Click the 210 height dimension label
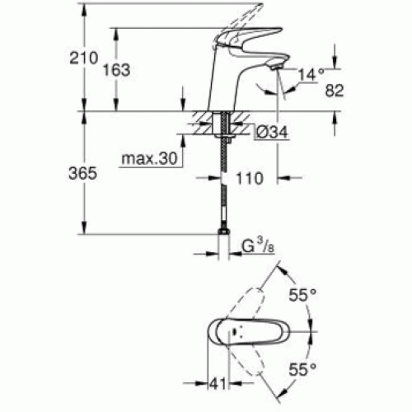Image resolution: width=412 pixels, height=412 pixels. point(83,58)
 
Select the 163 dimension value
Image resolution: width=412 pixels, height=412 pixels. point(116,70)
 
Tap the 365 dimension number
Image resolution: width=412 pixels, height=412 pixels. point(82,174)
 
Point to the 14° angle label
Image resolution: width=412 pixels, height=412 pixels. point(311,74)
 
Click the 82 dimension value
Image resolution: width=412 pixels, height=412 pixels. point(335,90)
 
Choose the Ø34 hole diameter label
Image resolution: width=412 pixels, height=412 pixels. point(272,132)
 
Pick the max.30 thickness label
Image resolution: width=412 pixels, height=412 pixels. point(149,158)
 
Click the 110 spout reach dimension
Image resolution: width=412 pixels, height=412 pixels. point(250,178)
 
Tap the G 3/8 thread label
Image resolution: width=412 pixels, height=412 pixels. point(258,246)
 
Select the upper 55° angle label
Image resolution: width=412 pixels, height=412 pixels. point(302,295)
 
